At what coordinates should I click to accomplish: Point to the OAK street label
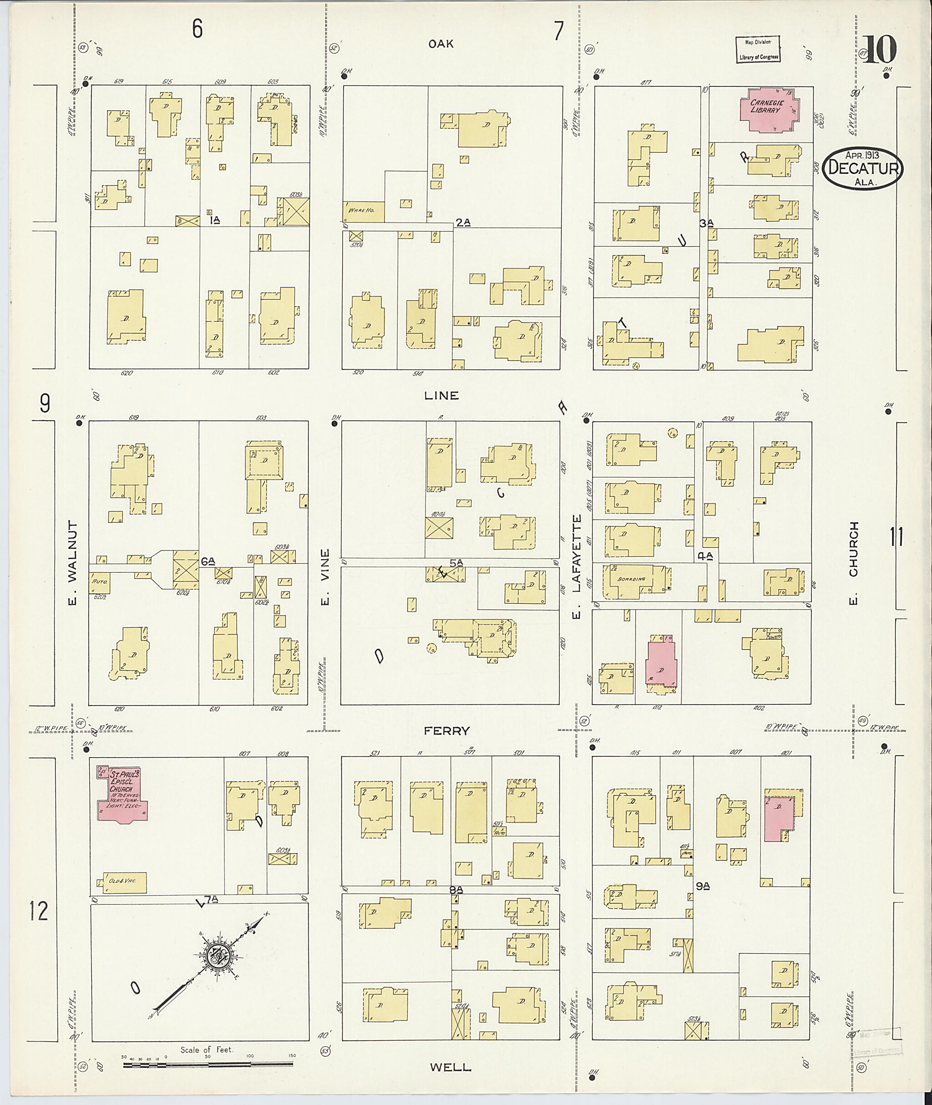click(x=441, y=44)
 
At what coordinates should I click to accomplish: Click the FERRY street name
click(x=446, y=731)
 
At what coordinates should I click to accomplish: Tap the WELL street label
click(x=450, y=1066)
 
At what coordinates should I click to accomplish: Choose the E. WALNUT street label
click(x=72, y=563)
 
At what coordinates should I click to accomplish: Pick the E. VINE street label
click(x=325, y=577)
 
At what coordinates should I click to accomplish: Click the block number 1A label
click(x=214, y=221)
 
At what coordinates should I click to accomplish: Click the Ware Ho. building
click(x=363, y=211)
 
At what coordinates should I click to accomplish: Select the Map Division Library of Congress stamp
click(x=758, y=49)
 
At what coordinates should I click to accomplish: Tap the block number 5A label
click(x=456, y=563)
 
